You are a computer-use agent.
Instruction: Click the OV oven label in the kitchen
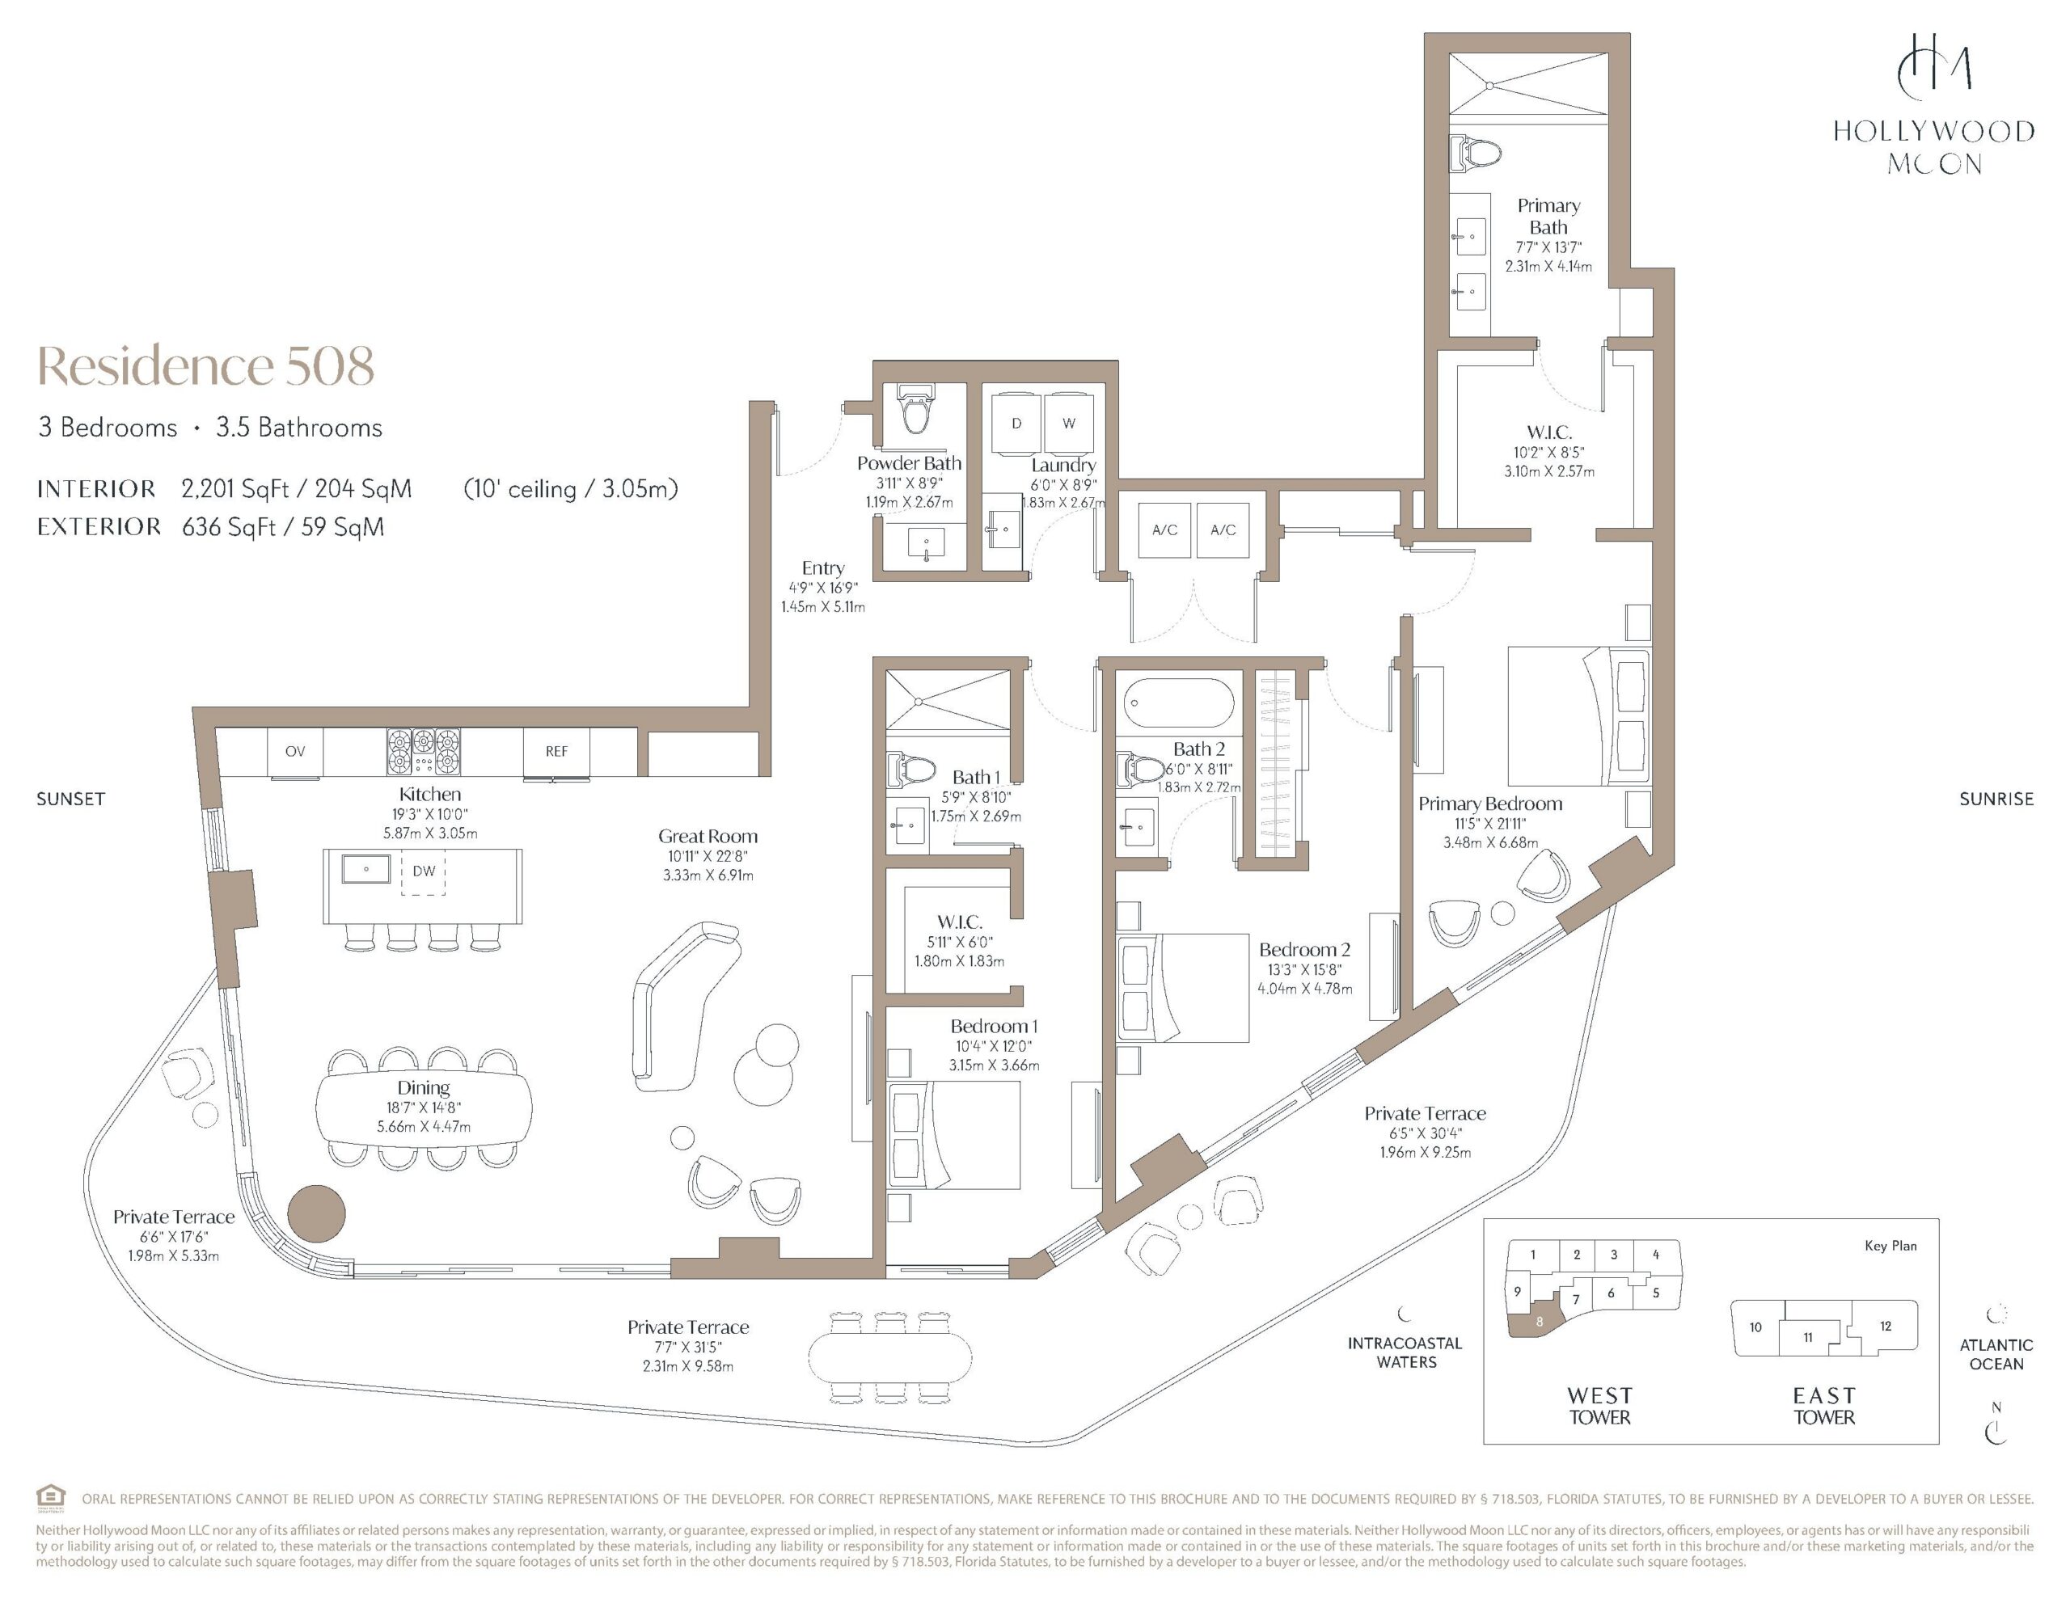tap(295, 752)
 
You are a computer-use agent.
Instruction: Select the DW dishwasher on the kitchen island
tap(424, 872)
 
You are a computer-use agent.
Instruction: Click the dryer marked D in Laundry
tap(1016, 424)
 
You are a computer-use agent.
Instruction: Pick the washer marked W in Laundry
tap(1069, 424)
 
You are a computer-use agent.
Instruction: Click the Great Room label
tap(708, 836)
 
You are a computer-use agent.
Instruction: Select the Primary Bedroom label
tap(1490, 804)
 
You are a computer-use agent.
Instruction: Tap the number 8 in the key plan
tap(1540, 1321)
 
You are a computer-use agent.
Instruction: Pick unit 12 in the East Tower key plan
tap(1885, 1326)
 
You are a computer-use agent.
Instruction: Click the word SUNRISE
tap(1996, 799)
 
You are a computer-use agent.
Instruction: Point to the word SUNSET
tap(70, 799)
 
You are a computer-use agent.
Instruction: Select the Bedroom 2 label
tap(1304, 950)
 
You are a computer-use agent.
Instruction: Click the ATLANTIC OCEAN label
tap(1996, 1354)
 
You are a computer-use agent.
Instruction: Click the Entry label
tap(822, 568)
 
